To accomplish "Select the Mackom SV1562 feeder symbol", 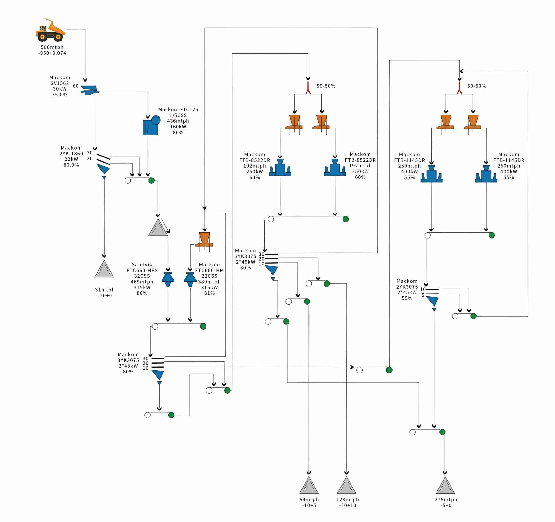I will pos(90,90).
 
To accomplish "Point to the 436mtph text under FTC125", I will pos(178,121).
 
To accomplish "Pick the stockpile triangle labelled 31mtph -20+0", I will pos(104,269).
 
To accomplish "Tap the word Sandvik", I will pos(142,264).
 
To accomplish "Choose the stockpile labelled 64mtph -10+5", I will pos(309,486).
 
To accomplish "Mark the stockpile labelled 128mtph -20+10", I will pos(346,486).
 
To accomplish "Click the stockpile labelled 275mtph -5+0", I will pos(445,486).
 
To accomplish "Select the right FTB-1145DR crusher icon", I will pos(486,174).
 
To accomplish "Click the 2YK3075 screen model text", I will pos(407,287).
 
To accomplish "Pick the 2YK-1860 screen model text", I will pos(71,154).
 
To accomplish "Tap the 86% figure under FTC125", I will pos(178,132).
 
